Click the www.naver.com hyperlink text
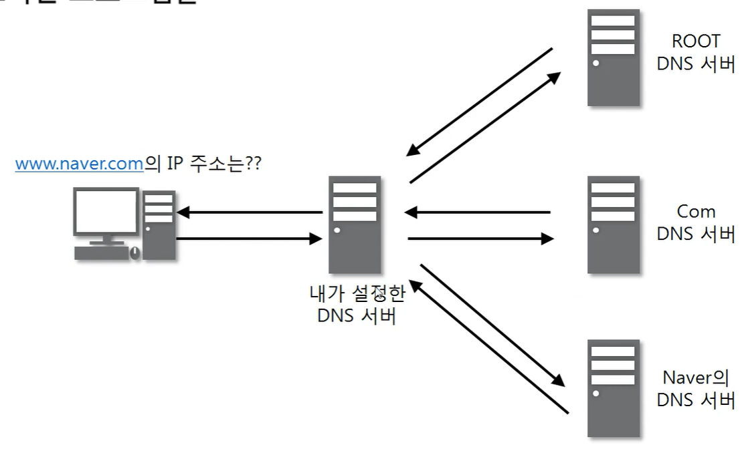(79, 164)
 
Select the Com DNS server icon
(614, 224)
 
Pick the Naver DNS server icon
(614, 388)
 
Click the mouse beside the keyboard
(134, 253)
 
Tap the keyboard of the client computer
(101, 253)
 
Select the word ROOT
(696, 41)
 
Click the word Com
(696, 212)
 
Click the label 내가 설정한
(357, 294)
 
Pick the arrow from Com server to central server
(478, 213)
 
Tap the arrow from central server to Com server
(482, 238)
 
